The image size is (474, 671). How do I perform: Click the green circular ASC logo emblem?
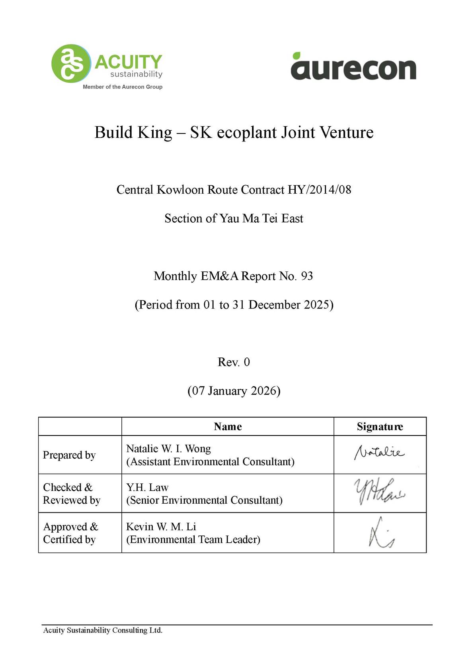71,63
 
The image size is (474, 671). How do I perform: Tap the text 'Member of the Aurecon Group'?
123,87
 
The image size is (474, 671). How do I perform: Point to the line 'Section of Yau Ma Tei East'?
234,218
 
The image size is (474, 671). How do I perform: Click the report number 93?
307,276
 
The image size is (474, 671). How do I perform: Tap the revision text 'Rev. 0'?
234,362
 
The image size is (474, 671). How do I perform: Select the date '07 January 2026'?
234,390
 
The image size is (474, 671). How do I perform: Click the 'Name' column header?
228,427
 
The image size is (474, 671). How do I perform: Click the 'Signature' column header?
380,427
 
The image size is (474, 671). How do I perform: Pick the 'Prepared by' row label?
69,455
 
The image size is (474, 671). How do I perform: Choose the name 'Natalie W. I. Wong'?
168,449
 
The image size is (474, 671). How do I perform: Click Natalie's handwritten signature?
379,453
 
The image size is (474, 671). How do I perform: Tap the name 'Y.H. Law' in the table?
147,487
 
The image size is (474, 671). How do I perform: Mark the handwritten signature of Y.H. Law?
379,492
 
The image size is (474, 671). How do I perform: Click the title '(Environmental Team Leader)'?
193,540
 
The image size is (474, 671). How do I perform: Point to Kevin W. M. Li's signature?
380,533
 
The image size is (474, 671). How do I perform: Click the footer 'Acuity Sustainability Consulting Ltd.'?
103,630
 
